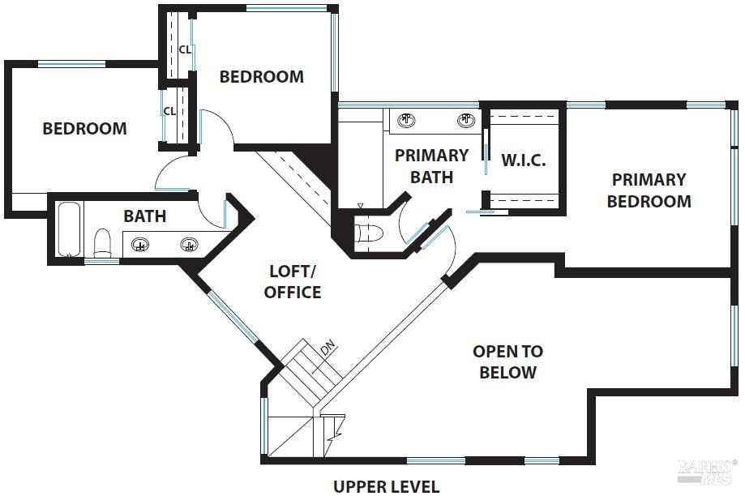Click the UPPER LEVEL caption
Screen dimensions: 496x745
tap(387, 486)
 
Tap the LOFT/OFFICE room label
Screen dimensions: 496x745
tap(293, 281)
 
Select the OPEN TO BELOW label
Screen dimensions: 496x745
tap(508, 362)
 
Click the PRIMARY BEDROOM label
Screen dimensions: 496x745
tap(649, 190)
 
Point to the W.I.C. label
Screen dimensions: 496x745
tap(523, 160)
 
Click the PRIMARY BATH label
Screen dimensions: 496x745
tap(431, 165)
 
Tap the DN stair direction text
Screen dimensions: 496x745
tap(328, 348)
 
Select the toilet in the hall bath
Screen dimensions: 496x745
tap(102, 242)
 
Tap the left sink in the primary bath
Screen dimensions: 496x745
tap(407, 122)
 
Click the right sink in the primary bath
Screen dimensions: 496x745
tap(466, 122)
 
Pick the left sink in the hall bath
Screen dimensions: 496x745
tap(141, 245)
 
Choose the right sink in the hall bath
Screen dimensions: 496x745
tap(190, 245)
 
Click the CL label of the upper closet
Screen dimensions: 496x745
tap(185, 49)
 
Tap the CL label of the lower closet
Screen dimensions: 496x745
tap(170, 111)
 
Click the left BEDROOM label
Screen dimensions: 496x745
tap(84, 129)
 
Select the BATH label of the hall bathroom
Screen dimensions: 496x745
tap(145, 216)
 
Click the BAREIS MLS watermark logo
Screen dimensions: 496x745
tap(707, 472)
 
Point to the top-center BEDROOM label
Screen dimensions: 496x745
tap(262, 77)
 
